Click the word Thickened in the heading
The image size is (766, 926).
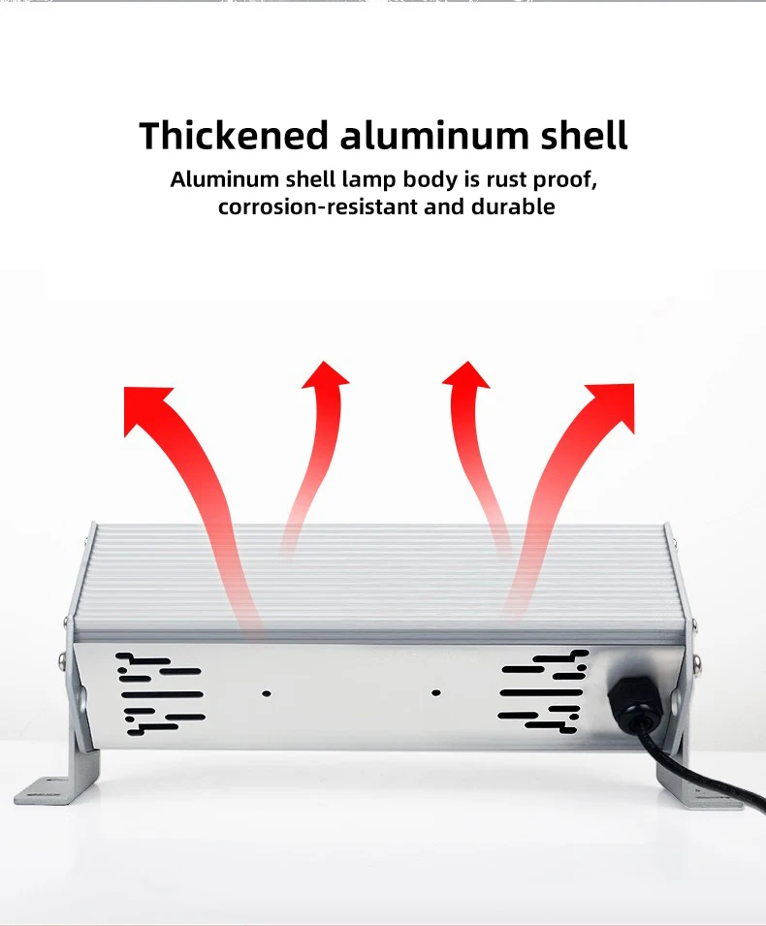pyautogui.click(x=234, y=135)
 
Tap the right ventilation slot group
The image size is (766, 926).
pyautogui.click(x=543, y=690)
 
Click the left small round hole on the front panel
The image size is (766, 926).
pyautogui.click(x=266, y=693)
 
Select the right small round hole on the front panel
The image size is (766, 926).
pyautogui.click(x=435, y=693)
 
